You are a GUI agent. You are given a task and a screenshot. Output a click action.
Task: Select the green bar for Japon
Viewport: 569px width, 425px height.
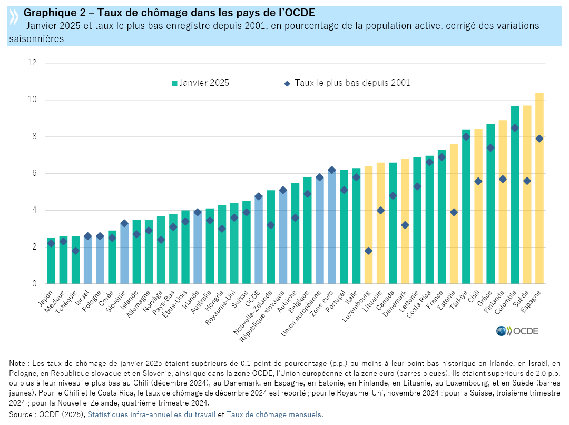click(51, 261)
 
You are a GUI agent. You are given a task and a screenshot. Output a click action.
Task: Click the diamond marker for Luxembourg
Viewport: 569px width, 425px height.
click(368, 251)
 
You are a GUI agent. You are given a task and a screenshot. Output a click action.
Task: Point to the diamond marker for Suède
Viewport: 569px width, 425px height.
click(527, 181)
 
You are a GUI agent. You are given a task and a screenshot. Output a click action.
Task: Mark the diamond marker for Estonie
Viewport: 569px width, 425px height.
click(454, 212)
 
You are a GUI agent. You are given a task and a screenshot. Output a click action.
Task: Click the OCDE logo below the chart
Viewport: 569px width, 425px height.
click(517, 331)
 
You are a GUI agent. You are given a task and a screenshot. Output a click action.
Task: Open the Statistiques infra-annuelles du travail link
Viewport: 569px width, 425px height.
click(151, 414)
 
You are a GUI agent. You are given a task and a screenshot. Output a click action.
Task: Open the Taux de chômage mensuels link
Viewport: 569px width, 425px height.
click(274, 414)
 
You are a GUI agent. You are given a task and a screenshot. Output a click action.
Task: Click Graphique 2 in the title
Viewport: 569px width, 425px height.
click(51, 13)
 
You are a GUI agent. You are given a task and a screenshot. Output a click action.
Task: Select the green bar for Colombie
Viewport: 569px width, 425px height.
click(515, 195)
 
